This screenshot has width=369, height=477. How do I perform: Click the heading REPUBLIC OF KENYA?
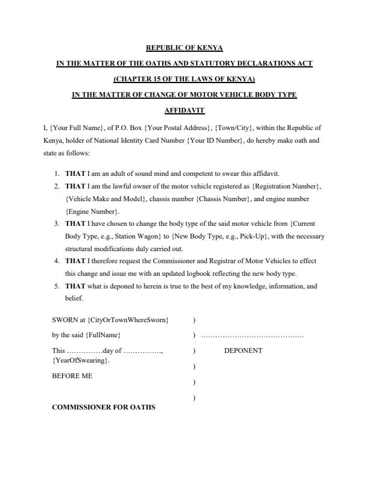[184, 47]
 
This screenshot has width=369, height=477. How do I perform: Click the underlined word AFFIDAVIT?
[184, 110]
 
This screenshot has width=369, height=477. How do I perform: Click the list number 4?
[56, 261]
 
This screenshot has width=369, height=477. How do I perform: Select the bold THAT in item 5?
[75, 287]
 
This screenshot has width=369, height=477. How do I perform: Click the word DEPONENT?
[243, 351]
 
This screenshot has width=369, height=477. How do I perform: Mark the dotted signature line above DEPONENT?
[252, 335]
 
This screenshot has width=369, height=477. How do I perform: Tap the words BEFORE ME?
[72, 376]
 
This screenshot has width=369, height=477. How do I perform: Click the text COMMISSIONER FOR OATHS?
[104, 407]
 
